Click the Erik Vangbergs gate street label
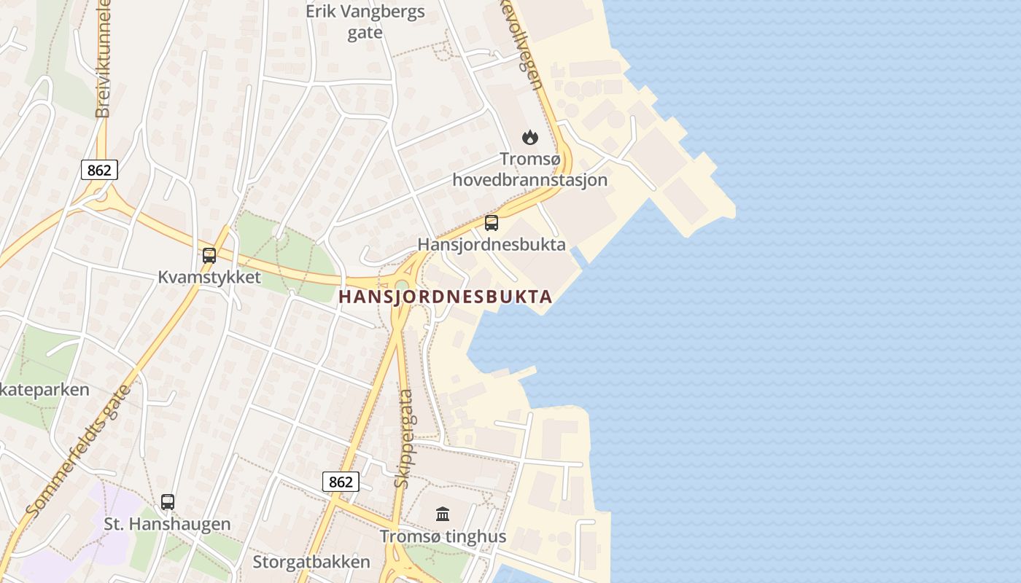coord(365,22)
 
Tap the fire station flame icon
coord(529,137)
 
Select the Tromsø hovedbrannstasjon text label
coord(530,169)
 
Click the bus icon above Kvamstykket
coord(209,256)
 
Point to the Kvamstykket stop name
coord(209,278)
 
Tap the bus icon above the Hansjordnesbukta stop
coord(492,223)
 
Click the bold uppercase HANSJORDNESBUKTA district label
coord(445,297)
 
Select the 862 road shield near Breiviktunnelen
coord(98,171)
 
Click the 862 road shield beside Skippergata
coord(341,482)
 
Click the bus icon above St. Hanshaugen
coord(168,502)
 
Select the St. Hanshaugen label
coord(167,524)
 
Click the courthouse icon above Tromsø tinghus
coord(443,514)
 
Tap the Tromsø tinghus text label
coord(443,537)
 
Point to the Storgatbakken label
coord(311,562)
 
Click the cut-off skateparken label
coord(44,389)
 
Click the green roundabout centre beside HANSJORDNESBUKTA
coord(402,284)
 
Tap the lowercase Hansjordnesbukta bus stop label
coord(492,244)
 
